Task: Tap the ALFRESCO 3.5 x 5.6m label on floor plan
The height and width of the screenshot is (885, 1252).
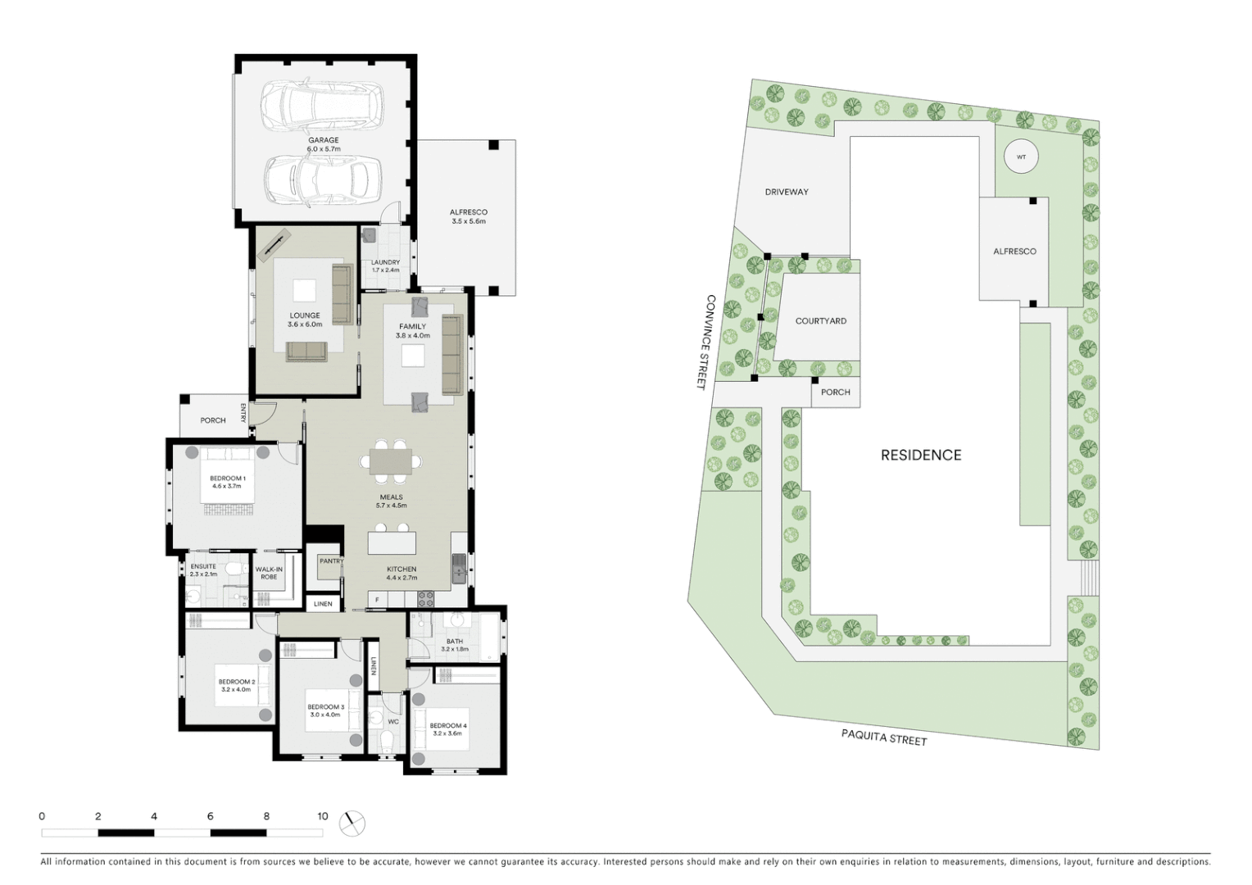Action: tap(468, 216)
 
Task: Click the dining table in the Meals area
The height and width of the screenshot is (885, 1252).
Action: tap(391, 462)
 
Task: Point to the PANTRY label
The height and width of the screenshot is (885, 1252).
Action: tap(331, 561)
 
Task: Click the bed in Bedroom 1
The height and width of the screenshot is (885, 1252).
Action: tap(227, 483)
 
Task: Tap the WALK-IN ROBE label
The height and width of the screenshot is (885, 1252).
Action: tap(269, 573)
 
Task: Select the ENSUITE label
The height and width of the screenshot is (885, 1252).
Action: tap(203, 566)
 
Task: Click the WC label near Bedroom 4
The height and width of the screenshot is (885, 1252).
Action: tap(393, 722)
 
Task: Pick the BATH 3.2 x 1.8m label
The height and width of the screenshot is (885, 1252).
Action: tap(455, 645)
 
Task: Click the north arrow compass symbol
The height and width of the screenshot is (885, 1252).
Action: tap(352, 822)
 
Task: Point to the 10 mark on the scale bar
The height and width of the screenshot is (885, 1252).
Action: tap(323, 816)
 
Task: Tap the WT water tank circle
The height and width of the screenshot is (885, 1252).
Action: tap(1021, 157)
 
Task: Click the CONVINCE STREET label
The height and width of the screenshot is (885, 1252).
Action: tap(706, 342)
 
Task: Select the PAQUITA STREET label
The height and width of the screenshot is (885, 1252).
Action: tap(884, 736)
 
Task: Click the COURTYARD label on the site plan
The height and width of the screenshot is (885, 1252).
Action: tap(820, 321)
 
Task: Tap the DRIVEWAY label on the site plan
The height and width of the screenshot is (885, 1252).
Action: tap(787, 192)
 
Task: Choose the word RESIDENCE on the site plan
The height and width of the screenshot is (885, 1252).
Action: tap(921, 455)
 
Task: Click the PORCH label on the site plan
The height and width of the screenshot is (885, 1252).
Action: tap(835, 393)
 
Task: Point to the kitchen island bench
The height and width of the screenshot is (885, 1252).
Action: tap(392, 542)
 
